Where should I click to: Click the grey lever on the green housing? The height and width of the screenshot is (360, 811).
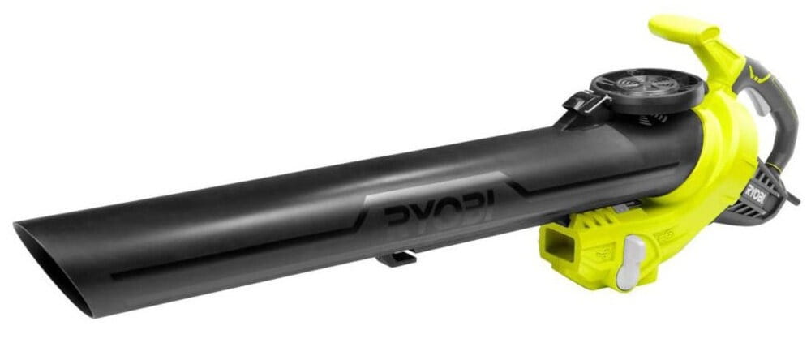tap(631, 262)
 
